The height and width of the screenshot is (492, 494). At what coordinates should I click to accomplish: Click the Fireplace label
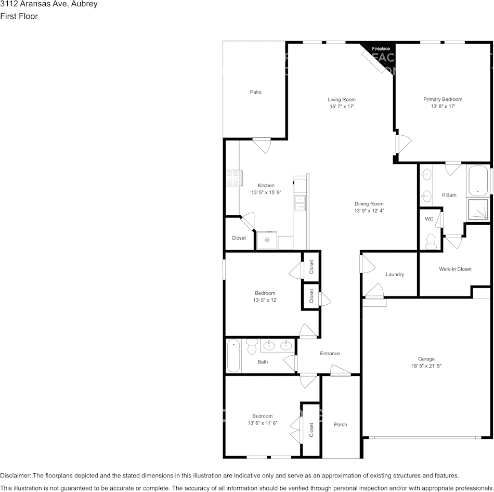click(x=381, y=48)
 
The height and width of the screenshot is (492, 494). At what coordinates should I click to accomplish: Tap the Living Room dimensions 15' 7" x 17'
click(x=342, y=107)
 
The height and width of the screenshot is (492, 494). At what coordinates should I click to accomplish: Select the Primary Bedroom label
click(x=443, y=99)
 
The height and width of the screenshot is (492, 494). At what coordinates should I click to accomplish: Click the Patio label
click(x=255, y=92)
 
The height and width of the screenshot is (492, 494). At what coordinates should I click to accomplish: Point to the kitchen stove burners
click(x=234, y=178)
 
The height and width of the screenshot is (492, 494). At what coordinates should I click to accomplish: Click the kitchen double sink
click(x=300, y=203)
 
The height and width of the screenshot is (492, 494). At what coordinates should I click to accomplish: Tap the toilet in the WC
click(x=430, y=242)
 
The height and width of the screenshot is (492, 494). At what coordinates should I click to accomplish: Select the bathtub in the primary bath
click(x=478, y=181)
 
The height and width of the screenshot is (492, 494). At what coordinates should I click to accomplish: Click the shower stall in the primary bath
click(x=478, y=209)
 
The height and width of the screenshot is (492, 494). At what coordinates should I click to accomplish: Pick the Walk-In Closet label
click(x=455, y=269)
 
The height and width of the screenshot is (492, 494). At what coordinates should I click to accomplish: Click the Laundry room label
click(x=395, y=275)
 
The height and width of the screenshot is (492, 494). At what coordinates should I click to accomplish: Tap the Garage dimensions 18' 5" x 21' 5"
click(x=426, y=366)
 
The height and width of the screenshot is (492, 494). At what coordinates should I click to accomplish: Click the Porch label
click(x=340, y=424)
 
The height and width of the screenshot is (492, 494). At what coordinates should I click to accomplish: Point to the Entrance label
click(x=330, y=354)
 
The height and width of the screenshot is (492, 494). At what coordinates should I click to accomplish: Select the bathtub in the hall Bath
click(x=233, y=356)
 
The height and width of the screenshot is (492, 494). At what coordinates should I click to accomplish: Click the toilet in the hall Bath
click(x=252, y=346)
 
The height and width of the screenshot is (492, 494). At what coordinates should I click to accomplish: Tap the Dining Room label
click(x=369, y=204)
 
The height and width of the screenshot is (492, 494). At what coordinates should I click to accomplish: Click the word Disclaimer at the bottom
click(x=15, y=475)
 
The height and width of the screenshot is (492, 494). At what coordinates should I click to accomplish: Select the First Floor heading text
click(x=19, y=16)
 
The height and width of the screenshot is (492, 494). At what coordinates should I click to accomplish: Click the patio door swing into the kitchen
click(x=262, y=146)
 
